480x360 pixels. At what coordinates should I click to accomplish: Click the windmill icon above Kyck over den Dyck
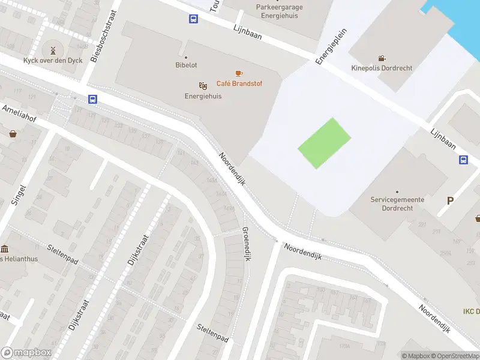click(52, 50)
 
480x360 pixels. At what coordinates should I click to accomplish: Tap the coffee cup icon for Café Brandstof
click(239, 73)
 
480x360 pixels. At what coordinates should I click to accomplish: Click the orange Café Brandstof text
click(239, 83)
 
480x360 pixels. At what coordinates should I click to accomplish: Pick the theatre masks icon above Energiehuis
click(203, 86)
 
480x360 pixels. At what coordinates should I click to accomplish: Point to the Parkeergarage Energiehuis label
click(279, 11)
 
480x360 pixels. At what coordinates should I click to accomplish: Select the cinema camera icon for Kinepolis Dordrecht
click(382, 58)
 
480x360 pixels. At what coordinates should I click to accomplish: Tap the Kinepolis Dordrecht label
click(382, 68)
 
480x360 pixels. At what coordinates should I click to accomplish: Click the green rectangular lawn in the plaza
click(324, 143)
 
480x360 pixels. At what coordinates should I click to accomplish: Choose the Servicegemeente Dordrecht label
click(397, 203)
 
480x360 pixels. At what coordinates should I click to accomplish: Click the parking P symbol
click(450, 201)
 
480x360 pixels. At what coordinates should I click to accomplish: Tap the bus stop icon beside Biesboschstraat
click(93, 99)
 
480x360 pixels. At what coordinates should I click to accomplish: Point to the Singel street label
click(17, 195)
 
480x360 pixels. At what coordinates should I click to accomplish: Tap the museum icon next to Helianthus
click(5, 249)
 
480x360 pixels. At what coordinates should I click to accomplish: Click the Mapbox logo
click(26, 353)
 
